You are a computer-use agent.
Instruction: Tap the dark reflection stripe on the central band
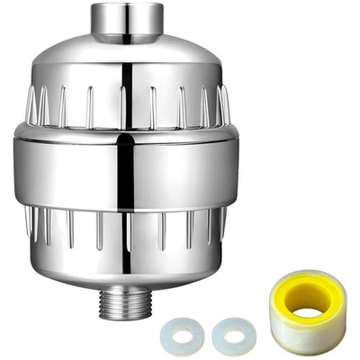pyautogui.click(x=127, y=171)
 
